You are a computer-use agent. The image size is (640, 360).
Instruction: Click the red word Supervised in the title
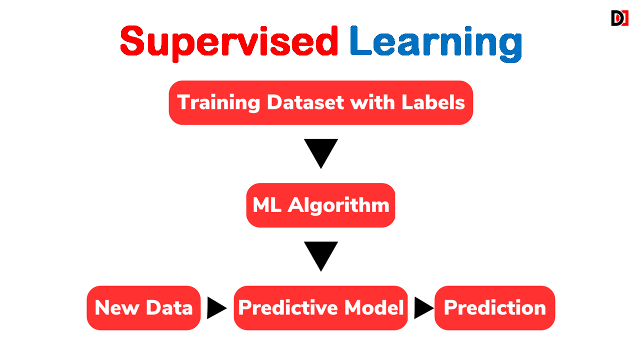click(229, 43)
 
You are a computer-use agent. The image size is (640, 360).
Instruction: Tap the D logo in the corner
click(619, 18)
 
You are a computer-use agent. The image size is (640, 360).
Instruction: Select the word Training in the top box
click(218, 103)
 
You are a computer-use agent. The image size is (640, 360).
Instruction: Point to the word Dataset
click(305, 102)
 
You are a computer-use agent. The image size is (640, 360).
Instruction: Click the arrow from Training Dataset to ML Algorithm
click(321, 153)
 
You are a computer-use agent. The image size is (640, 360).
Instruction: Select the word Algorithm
click(338, 205)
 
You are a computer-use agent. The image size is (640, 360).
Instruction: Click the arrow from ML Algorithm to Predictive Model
click(321, 256)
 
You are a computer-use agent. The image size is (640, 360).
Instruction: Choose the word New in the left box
click(117, 307)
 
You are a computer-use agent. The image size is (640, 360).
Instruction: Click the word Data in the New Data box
click(169, 307)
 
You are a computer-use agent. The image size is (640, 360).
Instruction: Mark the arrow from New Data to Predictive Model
click(217, 308)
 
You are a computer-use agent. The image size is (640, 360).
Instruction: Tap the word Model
click(374, 307)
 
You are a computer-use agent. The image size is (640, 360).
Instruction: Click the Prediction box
click(495, 308)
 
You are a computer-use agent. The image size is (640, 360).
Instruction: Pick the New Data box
click(143, 308)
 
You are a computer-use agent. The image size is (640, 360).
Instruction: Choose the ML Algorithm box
click(321, 205)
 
